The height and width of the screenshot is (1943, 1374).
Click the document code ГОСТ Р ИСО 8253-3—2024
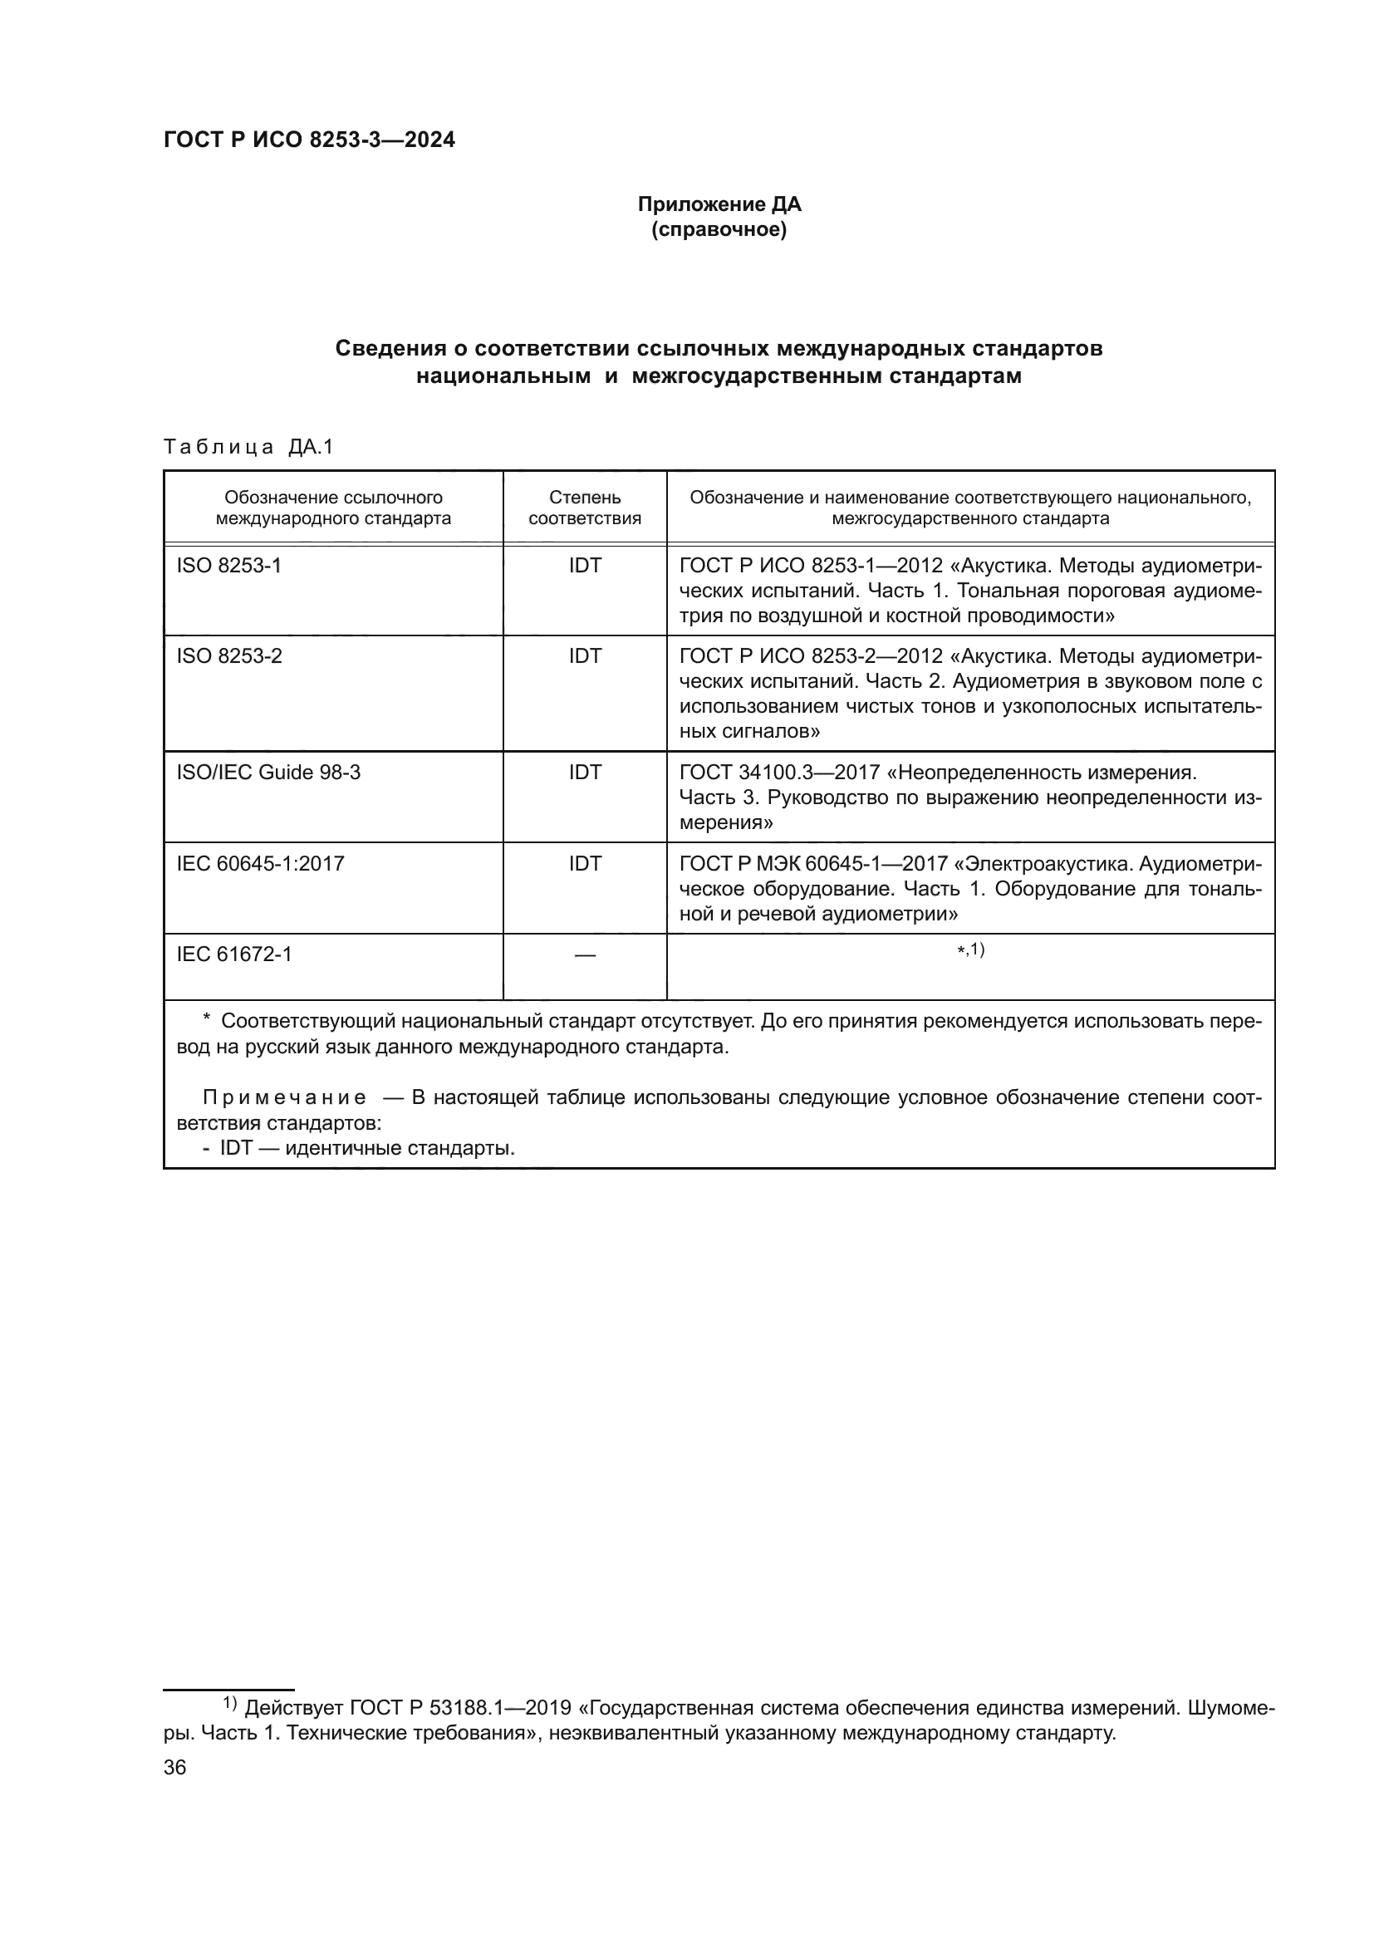tap(309, 140)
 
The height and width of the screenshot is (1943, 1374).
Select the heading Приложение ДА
tap(719, 204)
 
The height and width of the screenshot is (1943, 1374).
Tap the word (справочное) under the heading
tap(719, 229)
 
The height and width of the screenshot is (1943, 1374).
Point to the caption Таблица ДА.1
tap(248, 447)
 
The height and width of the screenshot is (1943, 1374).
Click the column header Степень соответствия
tap(585, 508)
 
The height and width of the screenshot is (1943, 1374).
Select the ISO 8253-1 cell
tap(228, 566)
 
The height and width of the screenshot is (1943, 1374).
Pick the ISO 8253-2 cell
tap(228, 656)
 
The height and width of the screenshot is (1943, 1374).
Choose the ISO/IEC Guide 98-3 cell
tap(268, 772)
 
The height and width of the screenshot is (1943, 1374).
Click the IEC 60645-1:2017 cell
tap(260, 863)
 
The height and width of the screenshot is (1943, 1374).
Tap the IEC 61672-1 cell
tap(233, 954)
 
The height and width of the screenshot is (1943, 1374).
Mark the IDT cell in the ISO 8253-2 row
tap(585, 656)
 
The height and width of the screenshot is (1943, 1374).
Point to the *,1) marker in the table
tap(970, 950)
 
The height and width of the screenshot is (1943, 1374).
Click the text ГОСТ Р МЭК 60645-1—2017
tap(812, 863)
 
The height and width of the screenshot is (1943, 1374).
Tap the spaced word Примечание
tap(284, 1098)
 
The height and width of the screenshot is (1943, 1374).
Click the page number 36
tap(174, 1768)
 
